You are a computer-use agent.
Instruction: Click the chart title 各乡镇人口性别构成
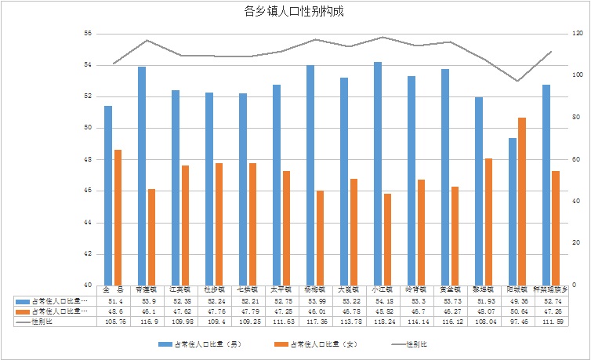294,12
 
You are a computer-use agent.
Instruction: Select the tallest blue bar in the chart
378,173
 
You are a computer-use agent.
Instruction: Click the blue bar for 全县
108,195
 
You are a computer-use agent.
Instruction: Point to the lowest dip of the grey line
517,81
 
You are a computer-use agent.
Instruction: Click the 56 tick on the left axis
87,34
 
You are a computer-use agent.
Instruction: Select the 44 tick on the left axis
87,223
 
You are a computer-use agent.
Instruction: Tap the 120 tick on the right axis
578,34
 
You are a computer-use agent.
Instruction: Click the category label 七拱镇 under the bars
248,290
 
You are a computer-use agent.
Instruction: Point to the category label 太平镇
281,290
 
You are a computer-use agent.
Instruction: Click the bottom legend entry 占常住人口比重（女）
321,344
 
